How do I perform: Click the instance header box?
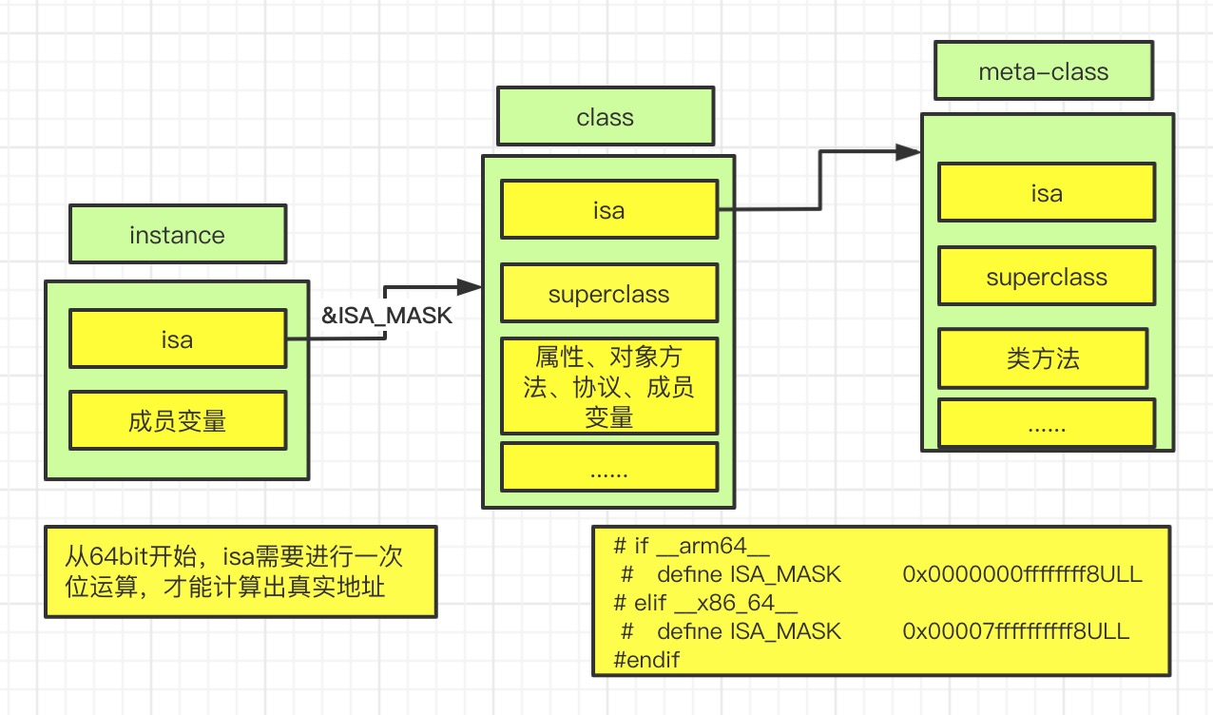coord(178,234)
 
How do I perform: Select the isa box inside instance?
coord(178,338)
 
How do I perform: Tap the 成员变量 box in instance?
coord(178,419)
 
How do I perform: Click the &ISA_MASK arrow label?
coord(387,316)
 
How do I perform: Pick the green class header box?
coord(605,117)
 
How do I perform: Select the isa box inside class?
coord(608,209)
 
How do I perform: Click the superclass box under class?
coord(608,293)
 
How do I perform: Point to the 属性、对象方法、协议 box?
coord(608,385)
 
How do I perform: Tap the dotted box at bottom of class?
coord(608,468)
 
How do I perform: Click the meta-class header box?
coord(1043,71)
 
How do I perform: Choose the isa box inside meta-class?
coord(1046,192)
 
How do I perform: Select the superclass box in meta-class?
coord(1046,277)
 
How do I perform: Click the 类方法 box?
coord(1043,358)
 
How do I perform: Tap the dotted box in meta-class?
coord(1046,424)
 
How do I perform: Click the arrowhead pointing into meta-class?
coord(909,151)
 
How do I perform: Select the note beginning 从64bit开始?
coord(241,570)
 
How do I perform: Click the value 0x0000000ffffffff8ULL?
coord(1022,574)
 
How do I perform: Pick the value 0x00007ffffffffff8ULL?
coord(1015,630)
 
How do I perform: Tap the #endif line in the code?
coord(647,659)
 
